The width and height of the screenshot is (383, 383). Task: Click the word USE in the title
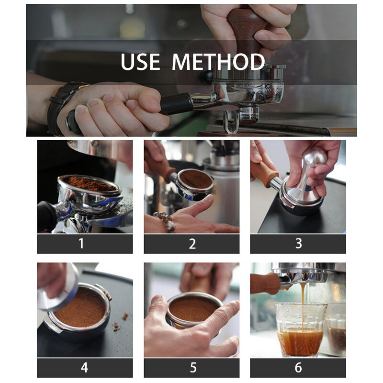click(x=140, y=62)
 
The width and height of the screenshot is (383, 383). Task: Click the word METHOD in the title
click(x=218, y=62)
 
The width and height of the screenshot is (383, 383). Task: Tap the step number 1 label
click(x=81, y=244)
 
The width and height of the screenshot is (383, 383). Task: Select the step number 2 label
click(x=192, y=244)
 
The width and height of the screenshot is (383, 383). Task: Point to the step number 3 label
click(x=298, y=244)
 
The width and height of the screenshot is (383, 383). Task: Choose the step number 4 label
click(x=85, y=367)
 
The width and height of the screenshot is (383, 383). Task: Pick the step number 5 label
click(x=193, y=367)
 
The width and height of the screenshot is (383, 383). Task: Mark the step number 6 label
click(x=298, y=367)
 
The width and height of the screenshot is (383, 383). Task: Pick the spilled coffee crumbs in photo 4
click(x=120, y=322)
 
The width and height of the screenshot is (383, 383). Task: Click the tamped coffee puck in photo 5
click(x=192, y=309)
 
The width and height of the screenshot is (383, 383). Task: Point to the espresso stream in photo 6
click(x=304, y=308)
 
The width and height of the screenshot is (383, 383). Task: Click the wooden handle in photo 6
click(x=265, y=283)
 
